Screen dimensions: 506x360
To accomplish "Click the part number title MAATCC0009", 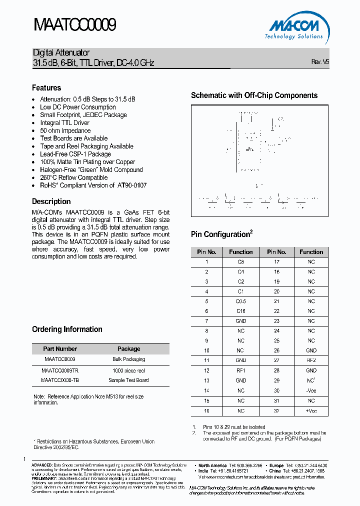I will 74,25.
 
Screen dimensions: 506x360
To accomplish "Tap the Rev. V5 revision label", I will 320,62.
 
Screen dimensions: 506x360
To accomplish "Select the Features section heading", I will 46,87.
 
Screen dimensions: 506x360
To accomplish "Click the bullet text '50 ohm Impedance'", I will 65,130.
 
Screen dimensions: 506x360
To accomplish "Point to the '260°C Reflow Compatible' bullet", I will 73,177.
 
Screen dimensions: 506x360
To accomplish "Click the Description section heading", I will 51,201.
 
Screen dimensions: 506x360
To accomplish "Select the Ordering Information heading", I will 67,329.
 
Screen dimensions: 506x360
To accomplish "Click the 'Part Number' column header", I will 60,349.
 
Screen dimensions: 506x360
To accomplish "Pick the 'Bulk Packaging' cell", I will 129,359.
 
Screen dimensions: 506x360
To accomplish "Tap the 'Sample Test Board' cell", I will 128,380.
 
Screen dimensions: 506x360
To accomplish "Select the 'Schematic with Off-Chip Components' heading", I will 254,95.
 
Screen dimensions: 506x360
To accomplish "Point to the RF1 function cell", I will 240,370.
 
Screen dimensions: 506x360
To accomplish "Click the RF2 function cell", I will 311,360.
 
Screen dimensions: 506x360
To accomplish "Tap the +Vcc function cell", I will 311,410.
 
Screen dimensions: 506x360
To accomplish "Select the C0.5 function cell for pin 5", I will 240,301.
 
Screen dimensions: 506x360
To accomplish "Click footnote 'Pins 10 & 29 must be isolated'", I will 233,427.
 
